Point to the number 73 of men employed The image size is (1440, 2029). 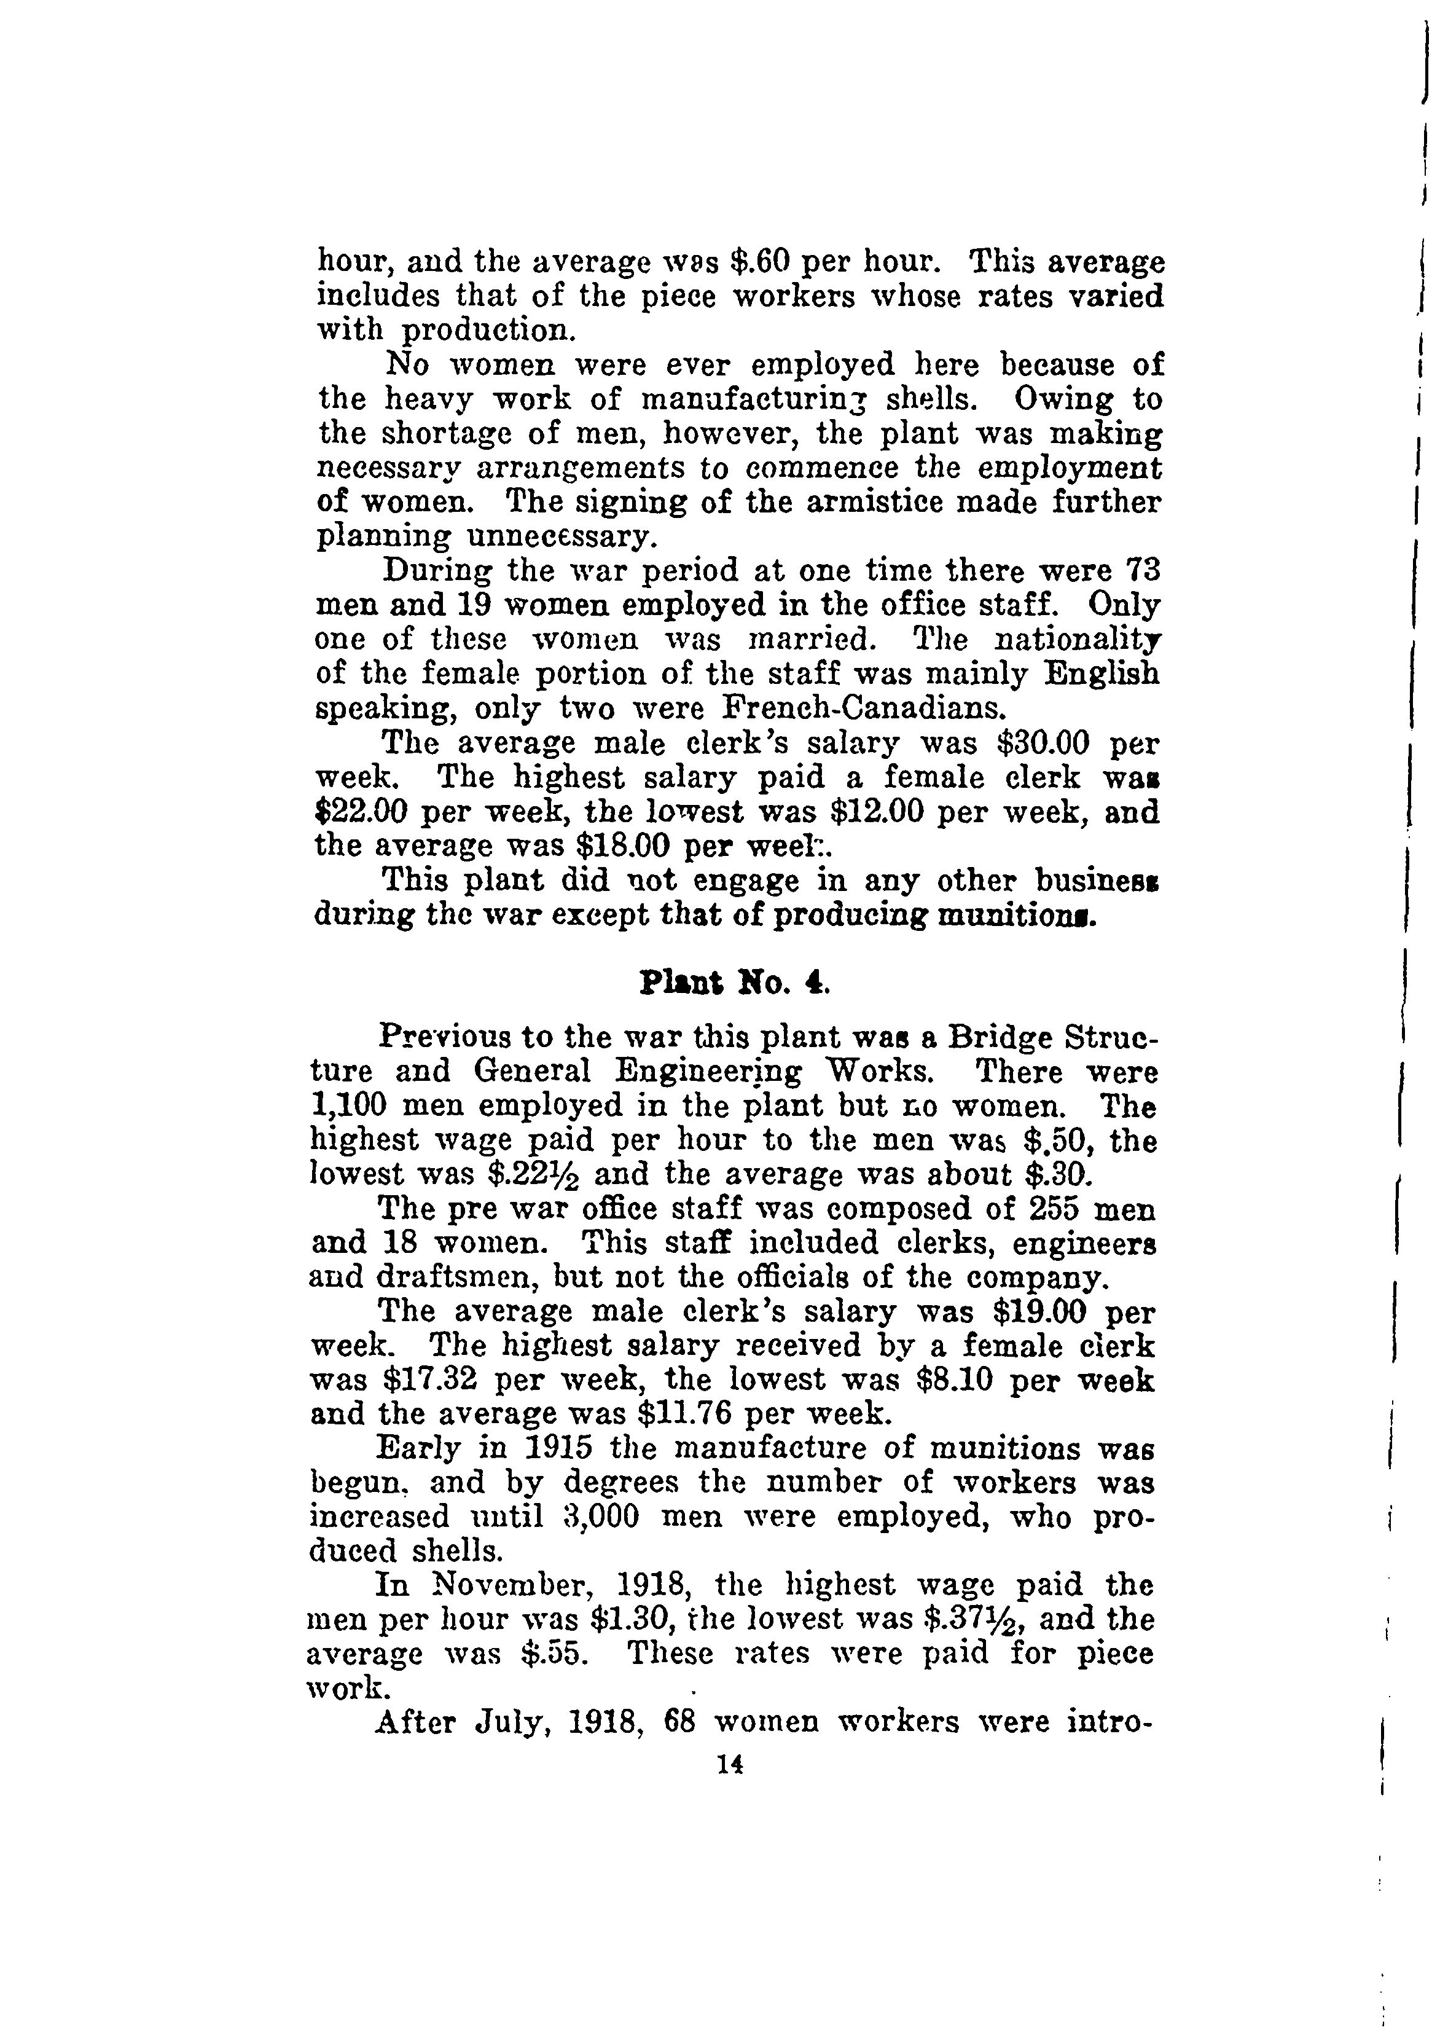1142,570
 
